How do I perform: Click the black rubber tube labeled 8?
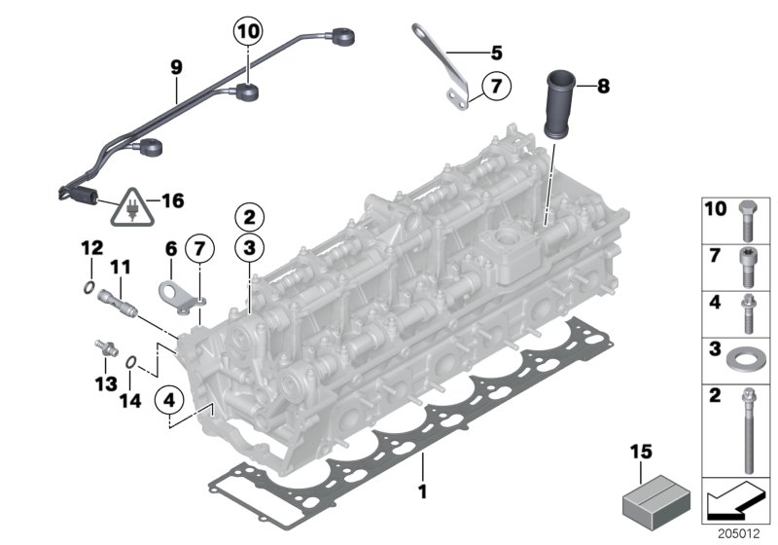[561, 102]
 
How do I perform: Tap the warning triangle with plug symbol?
[130, 204]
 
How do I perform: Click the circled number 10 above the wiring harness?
[247, 32]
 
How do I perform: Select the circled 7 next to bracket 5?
[494, 88]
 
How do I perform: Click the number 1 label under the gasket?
[422, 492]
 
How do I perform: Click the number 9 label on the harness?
[176, 68]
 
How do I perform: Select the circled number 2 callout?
[249, 216]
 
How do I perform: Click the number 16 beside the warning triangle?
[171, 201]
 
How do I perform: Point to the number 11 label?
[120, 267]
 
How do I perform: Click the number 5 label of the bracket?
[496, 52]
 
